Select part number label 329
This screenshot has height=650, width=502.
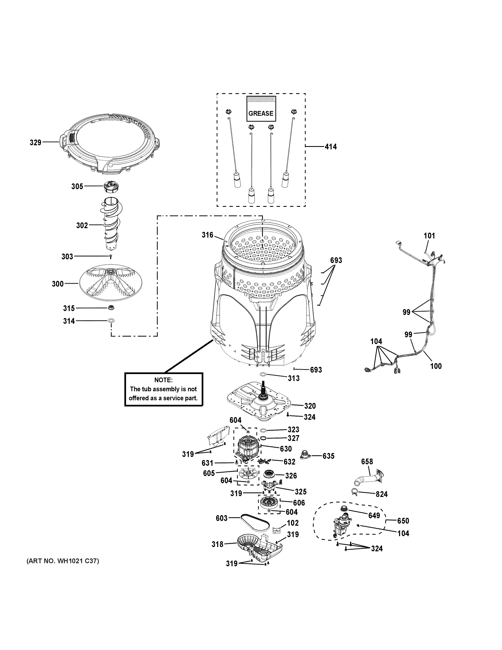click(x=35, y=143)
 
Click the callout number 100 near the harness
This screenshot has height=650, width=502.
click(x=436, y=366)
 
